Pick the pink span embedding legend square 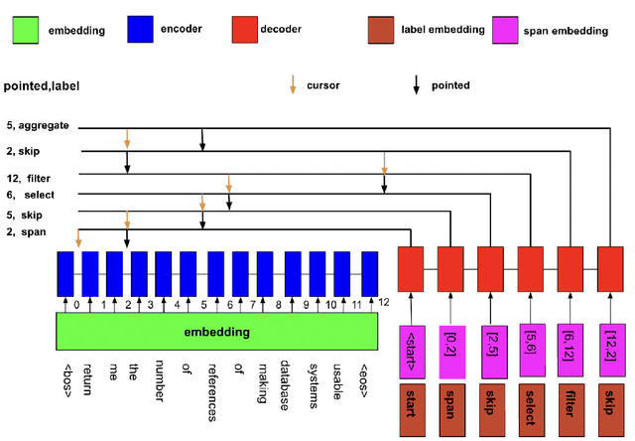click(508, 29)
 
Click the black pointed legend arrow click(417, 85)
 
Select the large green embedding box click(216, 330)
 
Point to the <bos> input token click(66, 378)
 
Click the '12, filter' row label click(29, 177)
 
